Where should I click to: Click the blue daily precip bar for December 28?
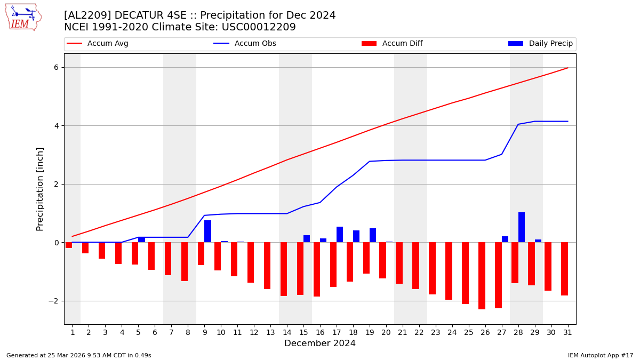point(522,227)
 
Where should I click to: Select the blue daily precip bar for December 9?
point(207,231)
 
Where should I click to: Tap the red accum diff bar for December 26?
point(482,276)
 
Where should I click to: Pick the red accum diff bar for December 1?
point(69,245)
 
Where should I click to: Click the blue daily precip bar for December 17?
point(340,235)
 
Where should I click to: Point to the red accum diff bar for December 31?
point(564,269)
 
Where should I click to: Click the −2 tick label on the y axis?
point(53,301)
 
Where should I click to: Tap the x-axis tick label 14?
point(287,332)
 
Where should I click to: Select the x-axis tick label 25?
point(469,332)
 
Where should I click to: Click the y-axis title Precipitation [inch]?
point(40,189)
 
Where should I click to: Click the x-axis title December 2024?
point(320,343)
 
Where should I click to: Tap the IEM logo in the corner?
point(23,17)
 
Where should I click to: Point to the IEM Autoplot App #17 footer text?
point(600,355)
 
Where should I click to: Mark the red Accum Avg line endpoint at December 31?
point(567,68)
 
